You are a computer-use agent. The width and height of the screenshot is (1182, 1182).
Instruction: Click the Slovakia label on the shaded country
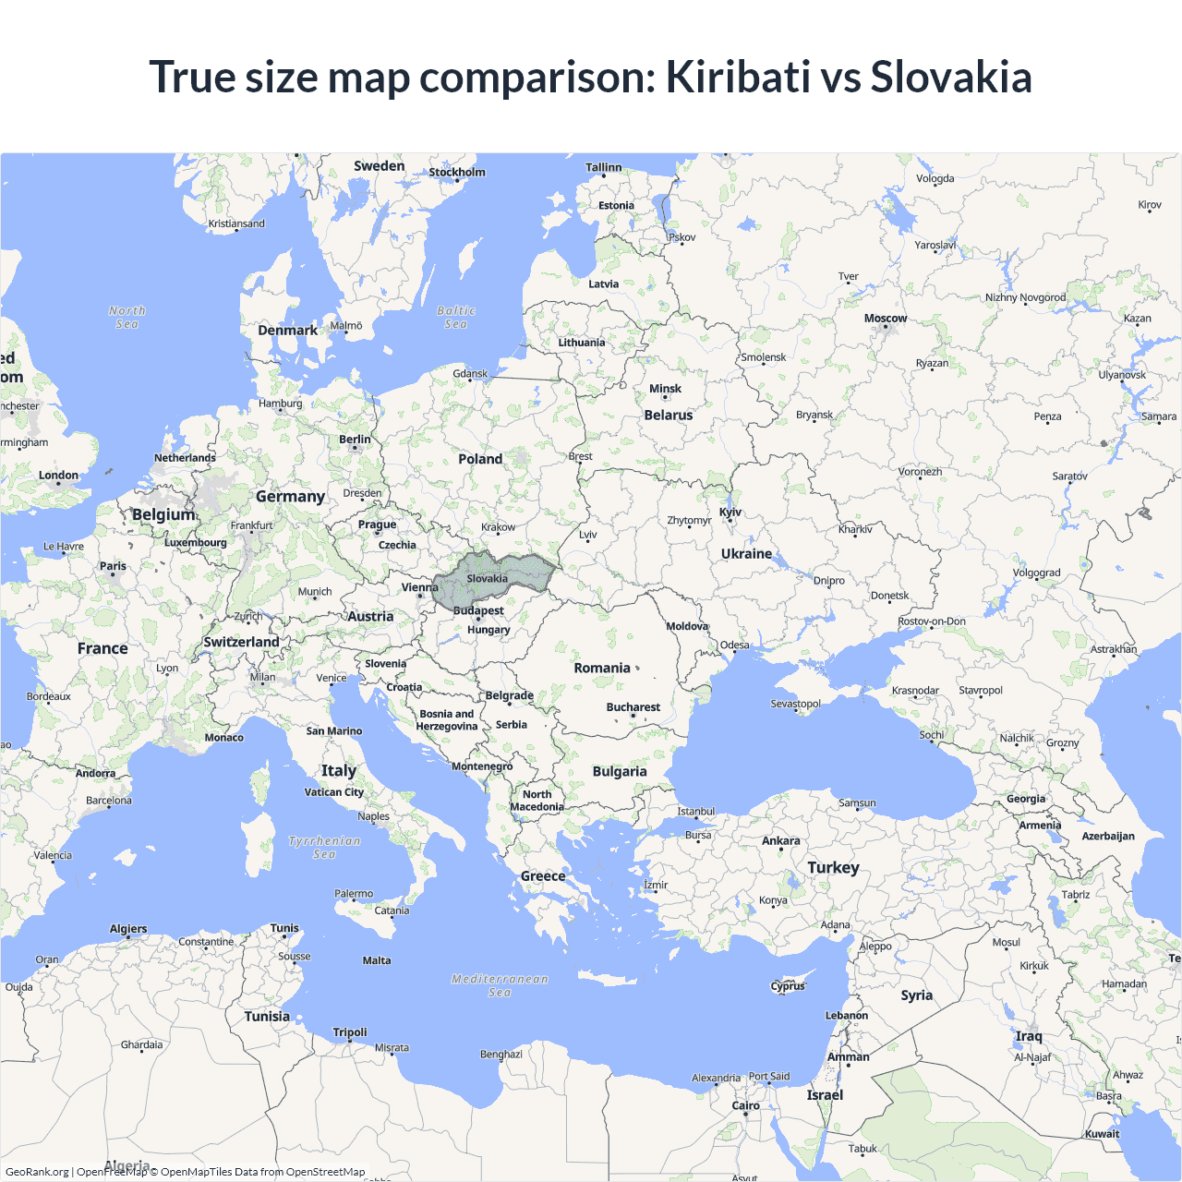[x=487, y=579]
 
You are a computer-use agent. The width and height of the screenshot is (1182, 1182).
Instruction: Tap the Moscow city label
[x=886, y=319]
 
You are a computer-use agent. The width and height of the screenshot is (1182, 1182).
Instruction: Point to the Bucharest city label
[x=633, y=707]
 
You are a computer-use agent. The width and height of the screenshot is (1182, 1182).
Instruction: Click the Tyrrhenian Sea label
[x=324, y=848]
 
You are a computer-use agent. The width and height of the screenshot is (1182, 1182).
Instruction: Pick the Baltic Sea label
[x=456, y=318]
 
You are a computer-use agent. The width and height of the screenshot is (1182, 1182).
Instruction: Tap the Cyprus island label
[x=788, y=985]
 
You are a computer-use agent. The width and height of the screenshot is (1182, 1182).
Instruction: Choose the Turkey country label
[x=833, y=868]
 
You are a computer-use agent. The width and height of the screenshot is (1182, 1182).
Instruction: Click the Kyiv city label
[x=730, y=513]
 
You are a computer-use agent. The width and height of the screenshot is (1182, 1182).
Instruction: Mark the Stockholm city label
[x=456, y=173]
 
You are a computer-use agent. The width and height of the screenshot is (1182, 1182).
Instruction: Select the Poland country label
[x=480, y=459]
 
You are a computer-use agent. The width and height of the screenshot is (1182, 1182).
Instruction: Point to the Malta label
[x=376, y=960]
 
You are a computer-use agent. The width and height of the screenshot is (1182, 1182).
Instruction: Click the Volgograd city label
[x=1036, y=573]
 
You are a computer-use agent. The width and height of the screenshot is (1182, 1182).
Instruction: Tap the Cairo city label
[x=745, y=1105]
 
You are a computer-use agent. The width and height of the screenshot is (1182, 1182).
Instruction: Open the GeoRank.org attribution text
[x=37, y=1172]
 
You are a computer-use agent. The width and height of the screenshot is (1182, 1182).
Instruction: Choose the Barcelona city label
[x=109, y=801]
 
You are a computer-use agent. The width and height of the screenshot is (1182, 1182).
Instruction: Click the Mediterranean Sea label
[x=500, y=985]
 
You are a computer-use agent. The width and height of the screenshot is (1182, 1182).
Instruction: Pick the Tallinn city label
[x=604, y=167]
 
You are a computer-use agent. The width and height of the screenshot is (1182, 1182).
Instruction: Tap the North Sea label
[x=127, y=318]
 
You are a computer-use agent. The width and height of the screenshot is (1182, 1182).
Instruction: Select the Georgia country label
[x=1026, y=799]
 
